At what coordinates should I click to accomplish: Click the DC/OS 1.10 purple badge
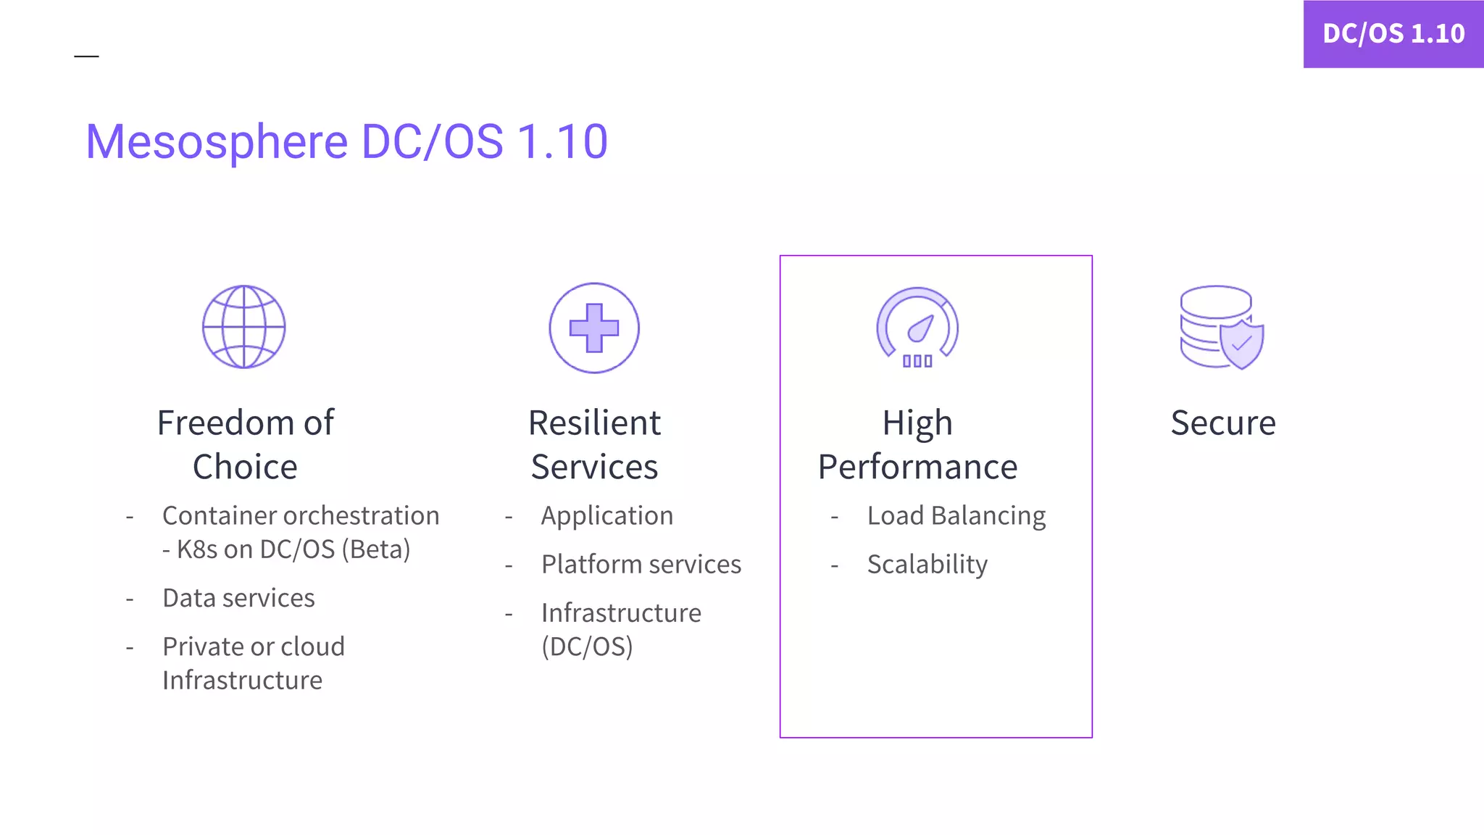pyautogui.click(x=1393, y=34)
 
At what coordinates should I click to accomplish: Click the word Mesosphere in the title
pyautogui.click(x=217, y=141)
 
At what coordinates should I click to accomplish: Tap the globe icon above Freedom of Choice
pyautogui.click(x=243, y=327)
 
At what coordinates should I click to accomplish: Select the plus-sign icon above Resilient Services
pyautogui.click(x=594, y=328)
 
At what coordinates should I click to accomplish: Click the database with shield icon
pyautogui.click(x=1221, y=327)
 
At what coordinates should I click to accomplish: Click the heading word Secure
pyautogui.click(x=1223, y=423)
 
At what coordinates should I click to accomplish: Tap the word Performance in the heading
pyautogui.click(x=917, y=468)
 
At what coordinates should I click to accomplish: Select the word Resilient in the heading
pyautogui.click(x=594, y=423)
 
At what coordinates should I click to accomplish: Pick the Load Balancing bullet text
pyautogui.click(x=956, y=516)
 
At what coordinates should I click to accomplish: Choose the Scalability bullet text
pyautogui.click(x=927, y=565)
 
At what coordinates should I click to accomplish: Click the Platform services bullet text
pyautogui.click(x=641, y=565)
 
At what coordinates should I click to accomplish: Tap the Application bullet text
pyautogui.click(x=606, y=516)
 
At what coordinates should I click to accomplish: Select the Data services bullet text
pyautogui.click(x=238, y=599)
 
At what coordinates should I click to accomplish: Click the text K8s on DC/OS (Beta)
pyautogui.click(x=293, y=550)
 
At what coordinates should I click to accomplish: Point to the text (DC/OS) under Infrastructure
pyautogui.click(x=587, y=647)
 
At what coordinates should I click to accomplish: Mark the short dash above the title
pyautogui.click(x=86, y=56)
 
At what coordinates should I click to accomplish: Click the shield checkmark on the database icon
pyautogui.click(x=1242, y=342)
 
